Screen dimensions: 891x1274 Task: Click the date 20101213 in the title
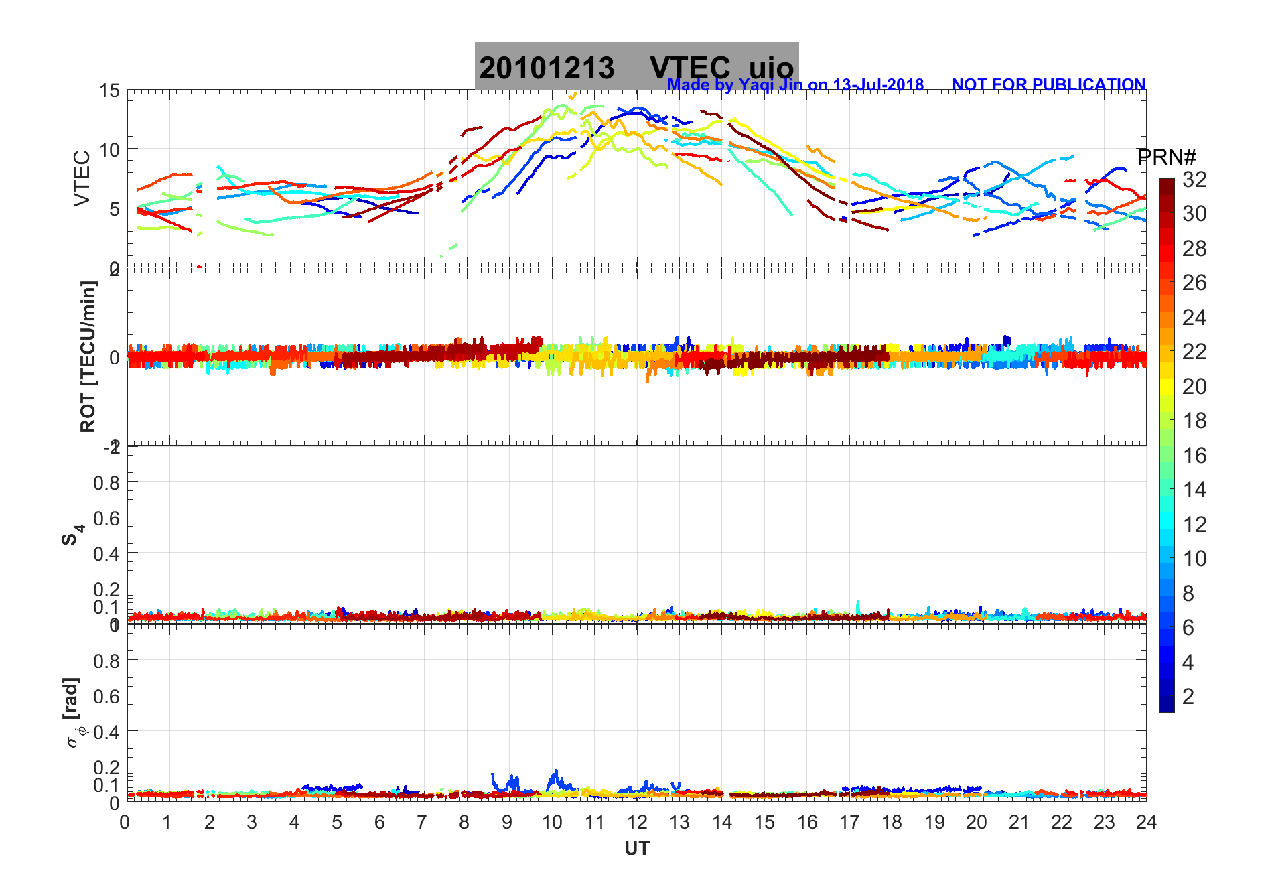[x=546, y=68]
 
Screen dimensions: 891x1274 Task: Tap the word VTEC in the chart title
[x=690, y=68]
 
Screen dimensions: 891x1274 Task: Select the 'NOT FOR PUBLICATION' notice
[x=1048, y=85]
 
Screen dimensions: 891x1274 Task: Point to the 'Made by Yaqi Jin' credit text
[x=795, y=85]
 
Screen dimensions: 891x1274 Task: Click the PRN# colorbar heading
[x=1166, y=157]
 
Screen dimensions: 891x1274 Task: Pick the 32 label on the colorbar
[x=1194, y=179]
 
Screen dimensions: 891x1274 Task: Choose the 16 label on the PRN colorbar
[x=1194, y=456]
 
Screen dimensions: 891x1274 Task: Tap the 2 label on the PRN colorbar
[x=1188, y=697]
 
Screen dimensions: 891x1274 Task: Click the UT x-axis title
[x=636, y=849]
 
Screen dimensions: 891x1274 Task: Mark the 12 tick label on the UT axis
[x=636, y=822]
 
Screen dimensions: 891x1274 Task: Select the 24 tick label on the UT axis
[x=1146, y=822]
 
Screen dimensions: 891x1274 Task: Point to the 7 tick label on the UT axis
[x=422, y=822]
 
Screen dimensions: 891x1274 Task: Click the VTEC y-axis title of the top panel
[x=82, y=178]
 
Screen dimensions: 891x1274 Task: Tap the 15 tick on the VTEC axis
[x=109, y=91]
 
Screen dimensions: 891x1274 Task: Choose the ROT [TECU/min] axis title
[x=88, y=356]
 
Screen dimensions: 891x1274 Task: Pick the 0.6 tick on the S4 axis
[x=106, y=518]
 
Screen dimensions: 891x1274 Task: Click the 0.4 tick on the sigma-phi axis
[x=106, y=732]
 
